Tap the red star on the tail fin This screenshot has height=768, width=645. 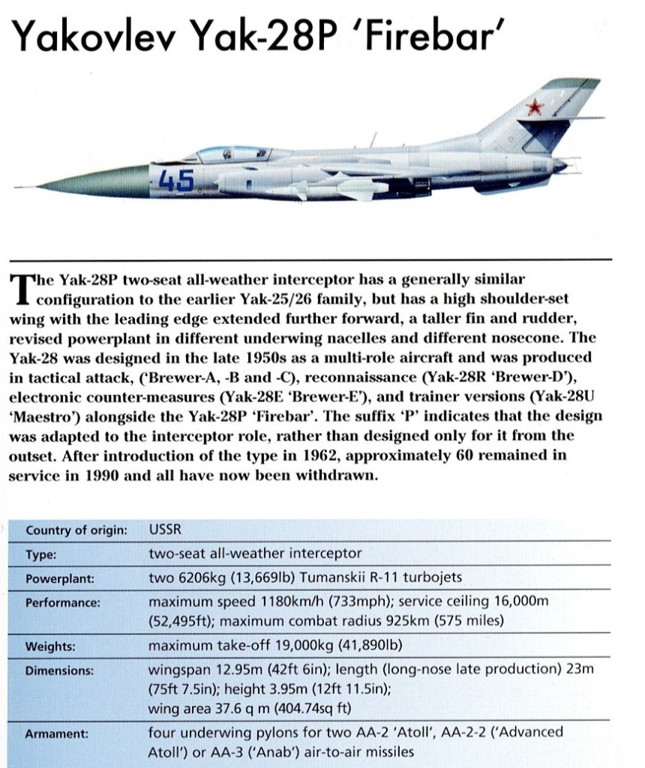534,108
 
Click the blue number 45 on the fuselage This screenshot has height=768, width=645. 177,181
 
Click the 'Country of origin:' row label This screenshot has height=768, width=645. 76,531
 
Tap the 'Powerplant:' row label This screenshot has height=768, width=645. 59,579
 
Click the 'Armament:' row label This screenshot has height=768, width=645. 57,734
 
